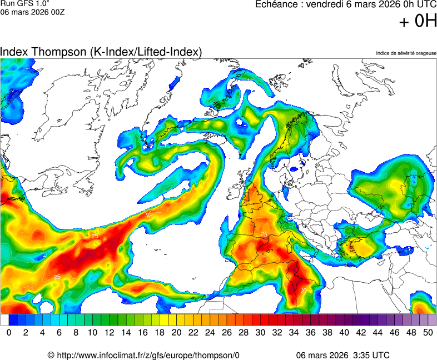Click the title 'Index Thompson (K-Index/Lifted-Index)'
[101, 52]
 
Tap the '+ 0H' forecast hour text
[418, 21]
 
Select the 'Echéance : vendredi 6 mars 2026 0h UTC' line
[345, 4]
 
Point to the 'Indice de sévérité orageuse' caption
[406, 53]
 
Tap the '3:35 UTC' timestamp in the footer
[370, 355]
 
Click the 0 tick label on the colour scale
[9, 332]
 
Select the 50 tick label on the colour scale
[428, 332]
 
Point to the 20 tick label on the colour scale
[176, 332]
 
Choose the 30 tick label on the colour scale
[260, 332]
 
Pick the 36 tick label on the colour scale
[311, 332]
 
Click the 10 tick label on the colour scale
[92, 332]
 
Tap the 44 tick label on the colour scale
[378, 332]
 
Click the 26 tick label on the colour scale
[227, 332]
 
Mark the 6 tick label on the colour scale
[59, 332]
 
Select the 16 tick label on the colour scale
[143, 332]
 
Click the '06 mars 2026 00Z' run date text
[32, 12]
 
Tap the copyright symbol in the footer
[51, 355]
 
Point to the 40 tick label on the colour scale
[344, 332]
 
